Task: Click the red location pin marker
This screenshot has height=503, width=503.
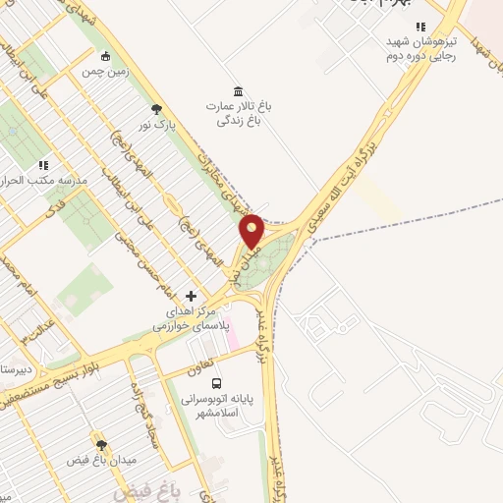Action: (x=252, y=230)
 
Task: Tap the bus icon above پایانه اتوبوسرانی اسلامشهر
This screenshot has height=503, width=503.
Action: (x=216, y=384)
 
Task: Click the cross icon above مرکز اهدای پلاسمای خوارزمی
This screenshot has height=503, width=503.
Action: (x=192, y=296)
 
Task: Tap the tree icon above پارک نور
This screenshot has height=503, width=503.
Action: (x=156, y=109)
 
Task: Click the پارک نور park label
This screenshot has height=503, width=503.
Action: (x=156, y=127)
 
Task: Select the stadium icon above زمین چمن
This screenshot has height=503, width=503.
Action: (x=106, y=55)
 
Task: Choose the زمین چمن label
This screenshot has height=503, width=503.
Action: (x=106, y=72)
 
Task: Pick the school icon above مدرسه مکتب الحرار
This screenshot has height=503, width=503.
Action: (x=43, y=165)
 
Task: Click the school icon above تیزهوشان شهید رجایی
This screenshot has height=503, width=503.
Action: (x=421, y=27)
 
